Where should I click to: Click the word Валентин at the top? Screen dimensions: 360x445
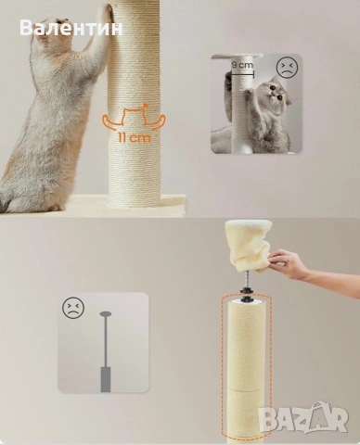pos(71,28)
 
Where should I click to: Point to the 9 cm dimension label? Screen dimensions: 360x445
pos(242,65)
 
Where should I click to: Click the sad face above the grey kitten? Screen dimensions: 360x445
pos(287,68)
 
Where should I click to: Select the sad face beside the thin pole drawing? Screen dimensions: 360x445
pos(73,308)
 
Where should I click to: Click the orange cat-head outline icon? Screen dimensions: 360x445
pos(135,116)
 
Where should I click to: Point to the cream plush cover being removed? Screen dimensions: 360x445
pos(249,245)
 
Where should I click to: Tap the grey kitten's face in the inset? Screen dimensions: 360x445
pos(276,91)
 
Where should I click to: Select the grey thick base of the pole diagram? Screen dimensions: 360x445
pos(106,379)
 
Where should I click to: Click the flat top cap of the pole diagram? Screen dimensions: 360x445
pos(106,313)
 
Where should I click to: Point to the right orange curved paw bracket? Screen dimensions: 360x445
pos(156,121)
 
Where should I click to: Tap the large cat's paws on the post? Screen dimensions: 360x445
pos(106,10)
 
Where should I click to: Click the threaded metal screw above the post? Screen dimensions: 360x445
pos(246,280)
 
